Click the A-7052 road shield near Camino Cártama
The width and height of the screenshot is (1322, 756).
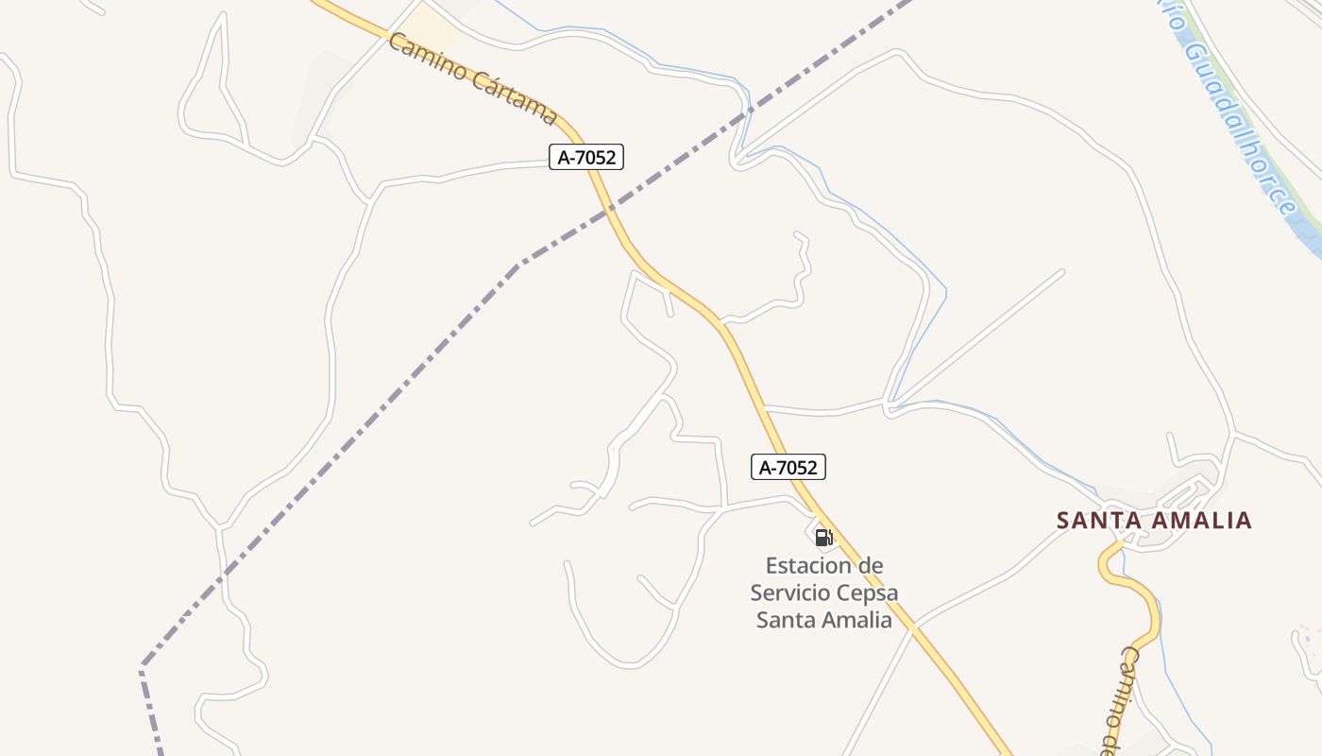coord(586,157)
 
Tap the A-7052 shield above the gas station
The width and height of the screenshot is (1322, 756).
coord(788,467)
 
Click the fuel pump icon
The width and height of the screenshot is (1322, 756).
coord(823,538)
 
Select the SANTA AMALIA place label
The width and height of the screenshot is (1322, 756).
coord(1154,520)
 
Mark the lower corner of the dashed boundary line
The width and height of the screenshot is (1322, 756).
coord(143,667)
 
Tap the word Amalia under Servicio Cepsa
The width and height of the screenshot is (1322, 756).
coord(857,620)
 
